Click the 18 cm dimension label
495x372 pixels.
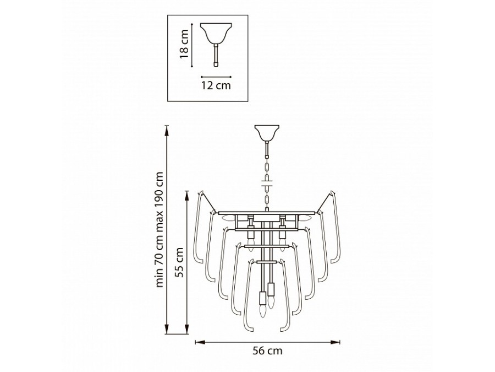[x=184, y=44]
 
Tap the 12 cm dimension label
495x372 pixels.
[x=216, y=85]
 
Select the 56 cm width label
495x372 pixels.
[x=267, y=351]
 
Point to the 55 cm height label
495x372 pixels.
[x=179, y=262]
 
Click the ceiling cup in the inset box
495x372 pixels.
[x=216, y=33]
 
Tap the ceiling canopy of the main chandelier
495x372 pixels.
[x=267, y=133]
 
